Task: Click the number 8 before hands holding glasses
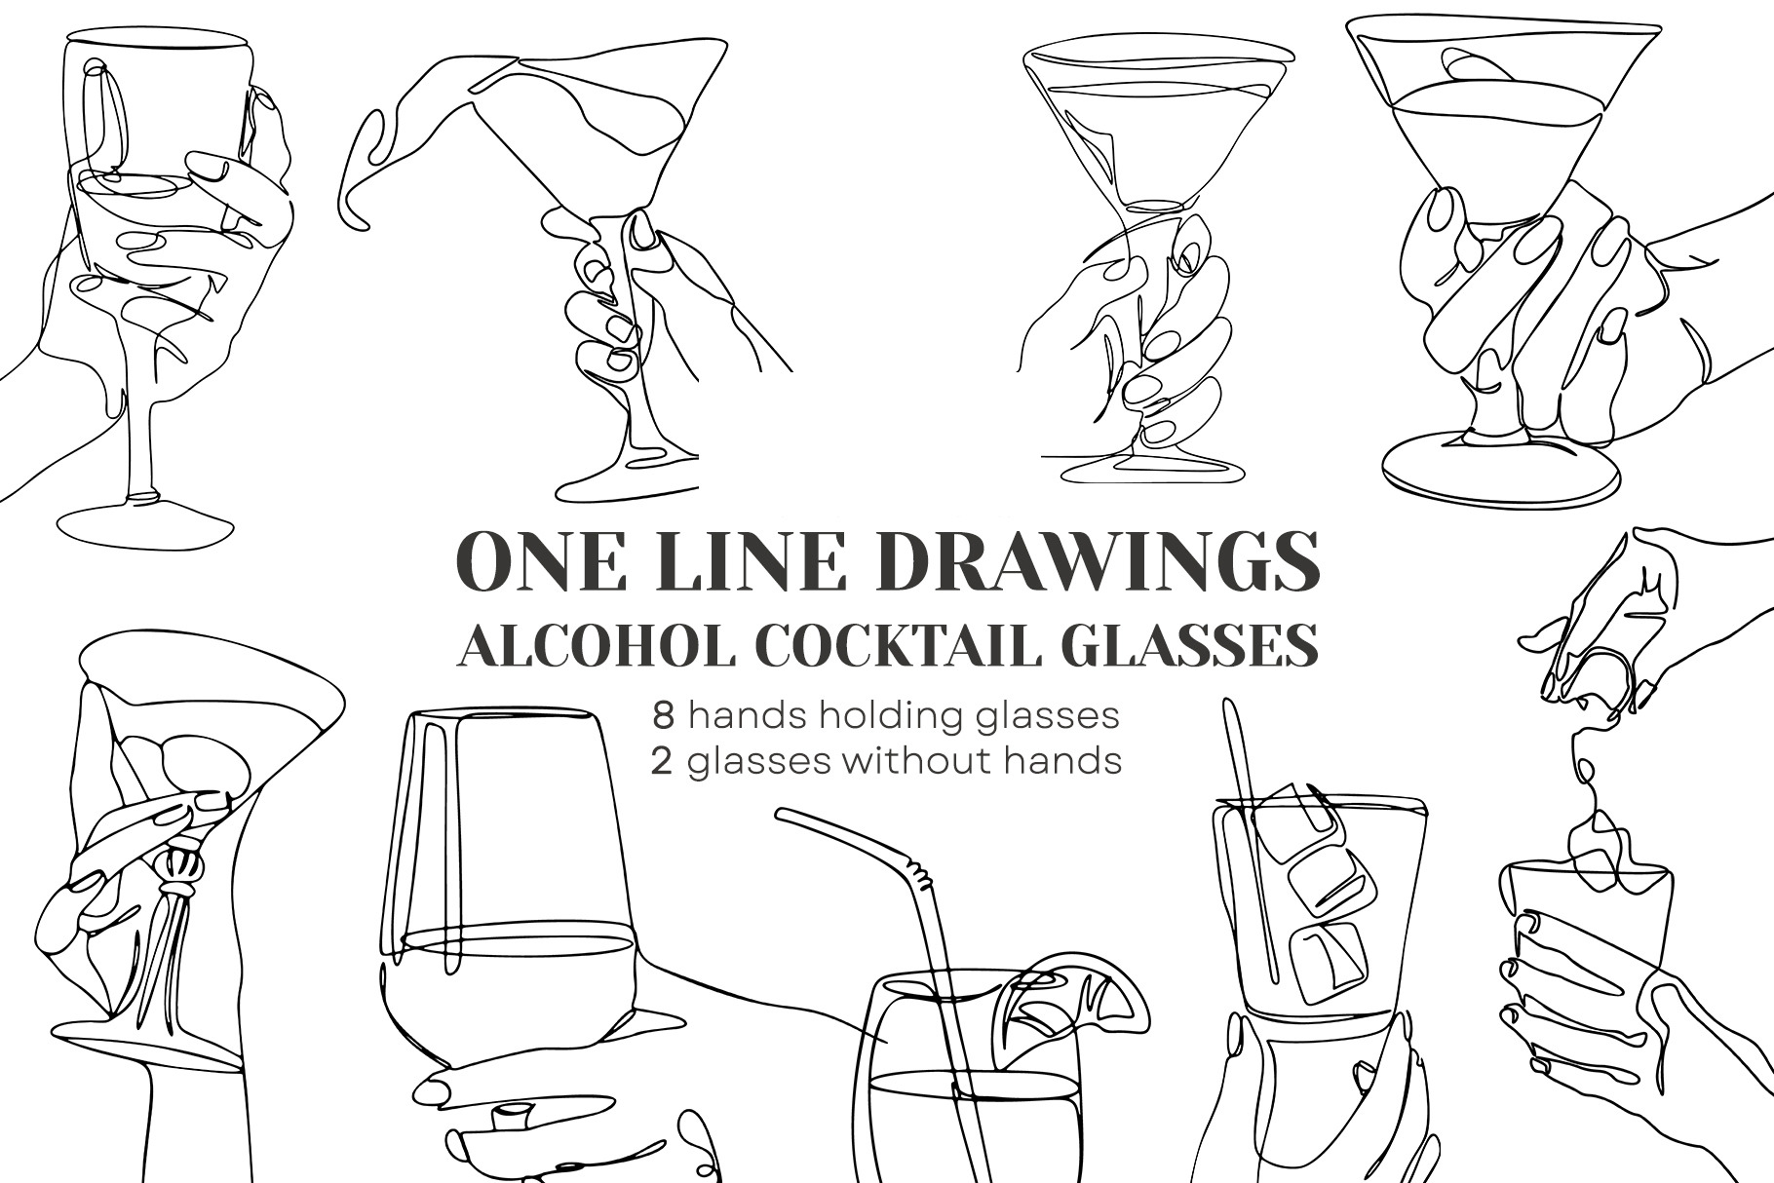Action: (x=664, y=715)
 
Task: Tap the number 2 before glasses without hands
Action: (x=663, y=760)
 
